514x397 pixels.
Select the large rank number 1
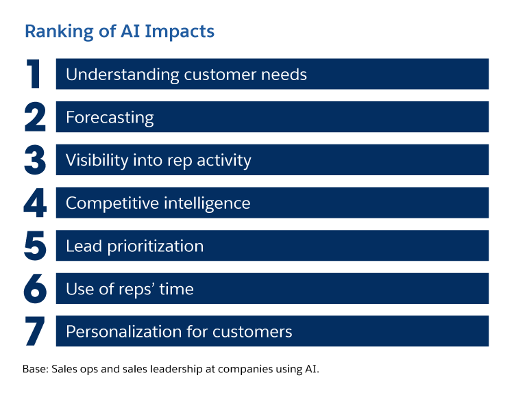coord(34,75)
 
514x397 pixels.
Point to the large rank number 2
coord(35,117)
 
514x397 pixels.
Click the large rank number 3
coord(35,160)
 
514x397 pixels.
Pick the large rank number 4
coord(35,203)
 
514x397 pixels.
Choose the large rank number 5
coord(35,246)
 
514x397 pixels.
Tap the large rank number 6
coord(35,289)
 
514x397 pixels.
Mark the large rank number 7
coord(35,331)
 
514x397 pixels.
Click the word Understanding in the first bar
coord(121,75)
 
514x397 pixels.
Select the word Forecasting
coord(110,118)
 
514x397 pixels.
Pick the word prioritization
coord(156,246)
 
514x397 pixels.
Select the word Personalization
coord(120,332)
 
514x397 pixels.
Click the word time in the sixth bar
coord(178,289)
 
